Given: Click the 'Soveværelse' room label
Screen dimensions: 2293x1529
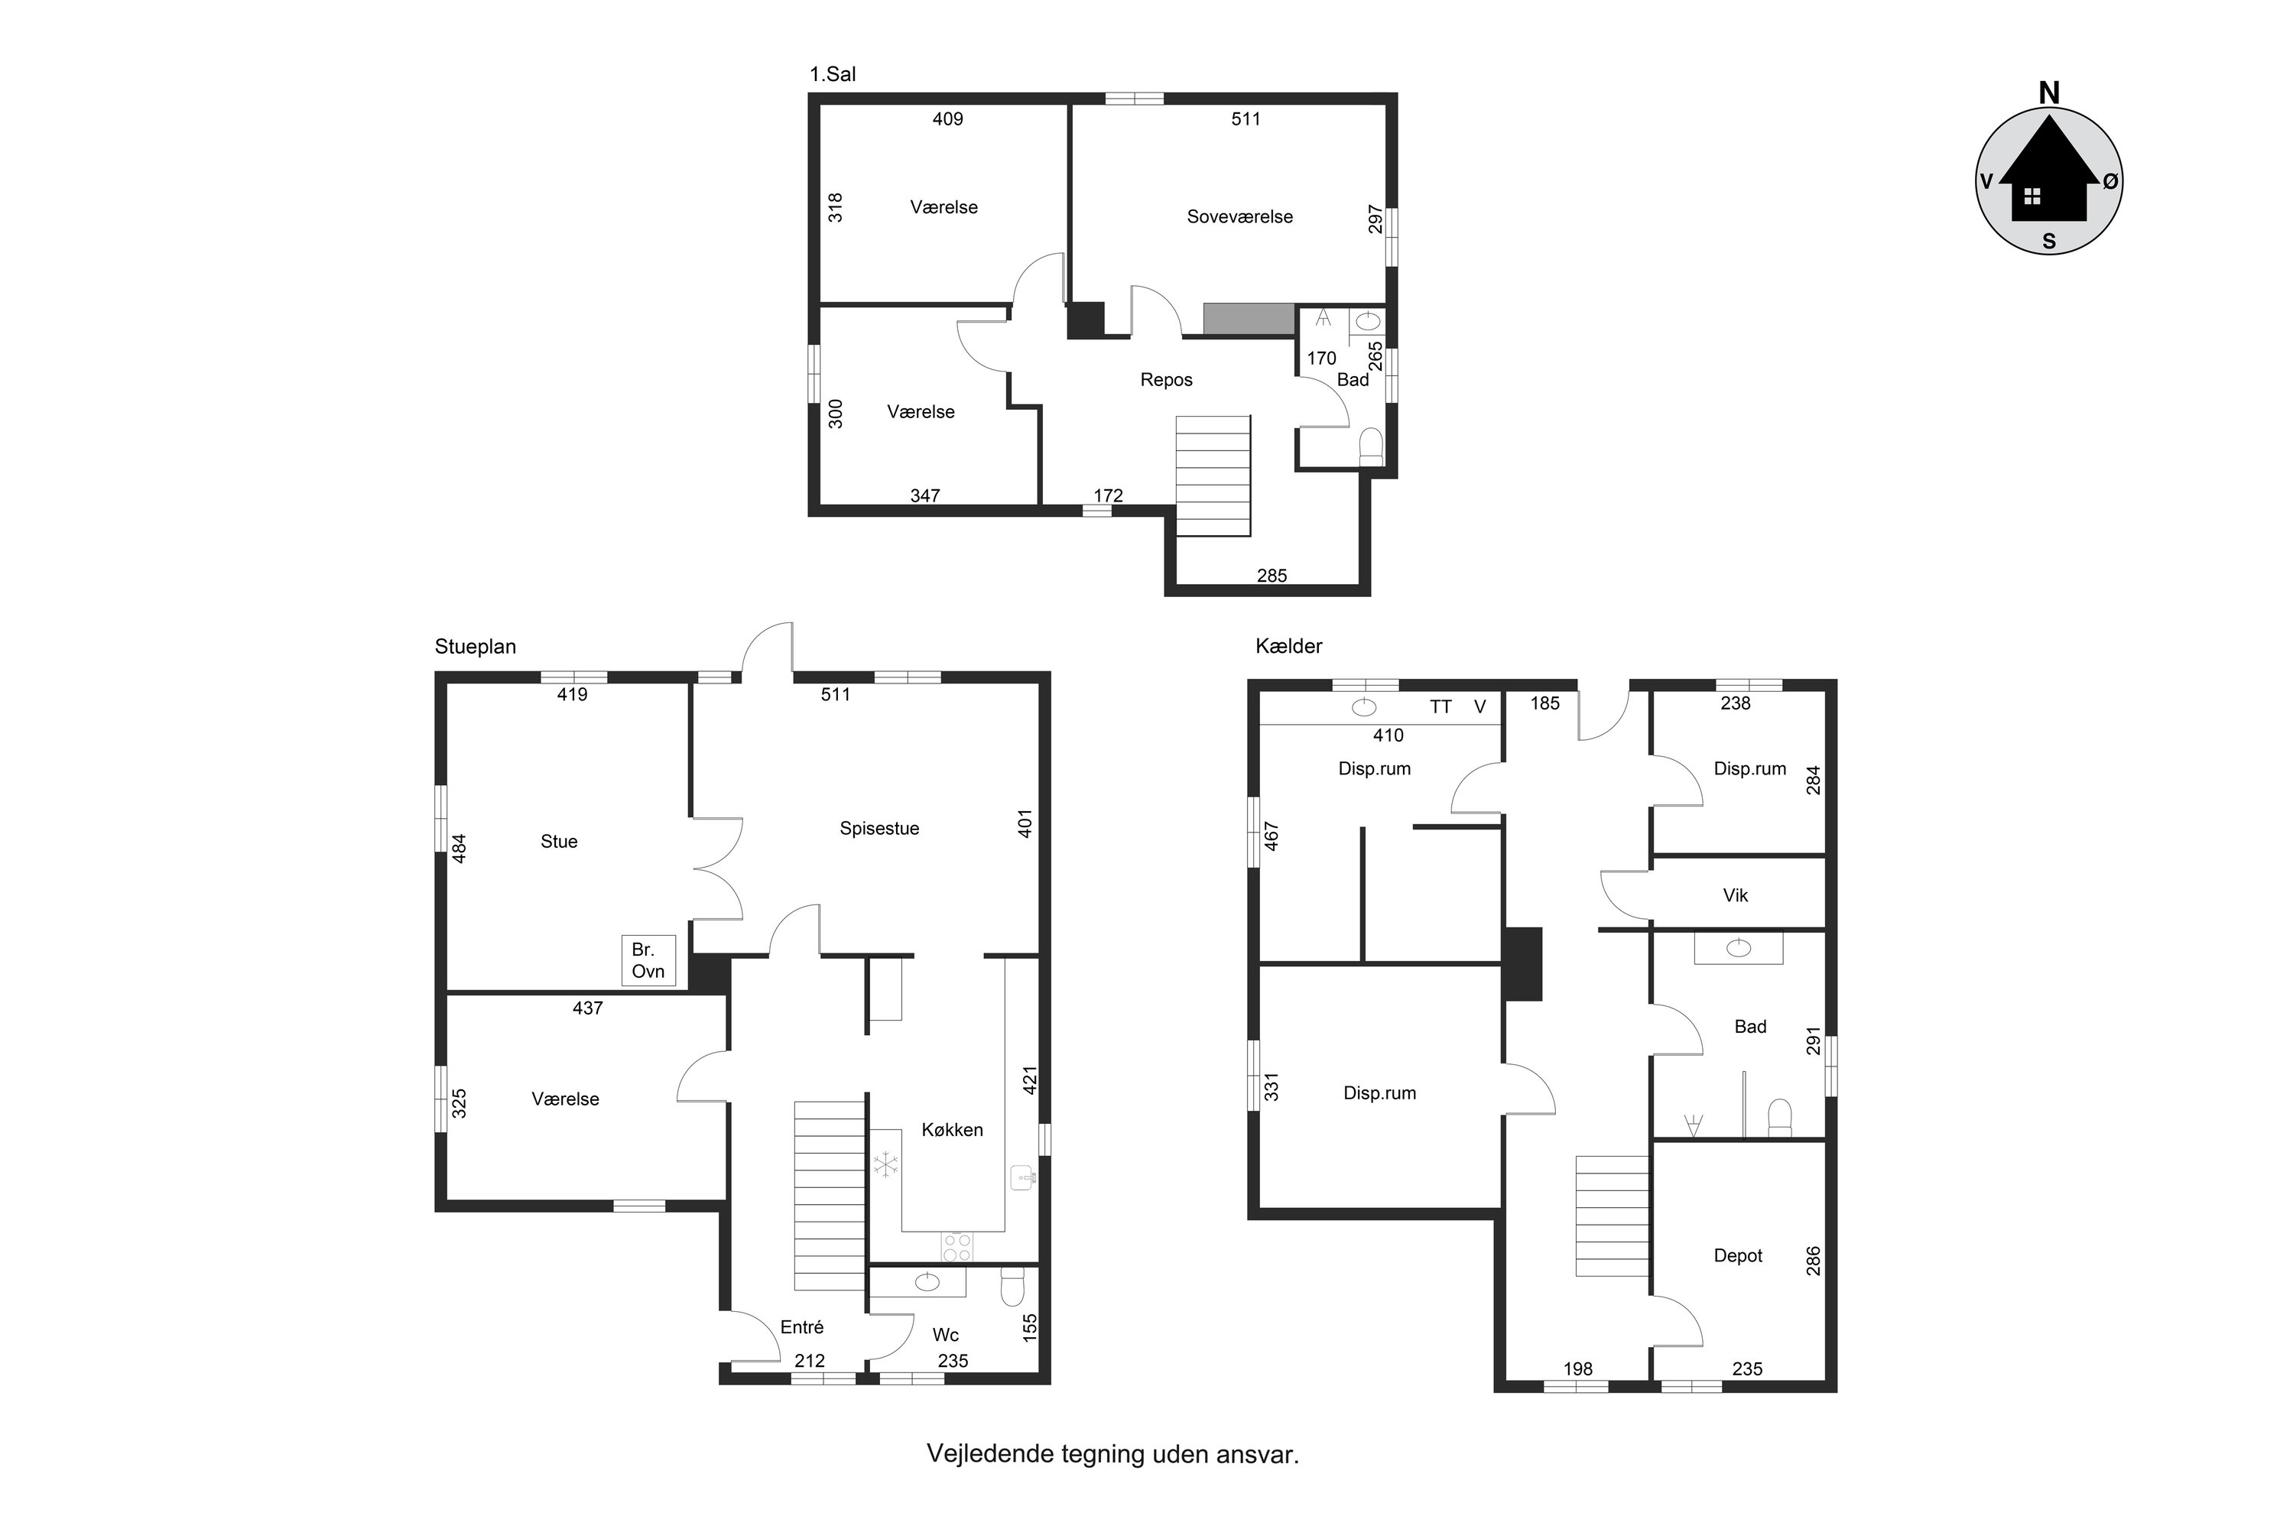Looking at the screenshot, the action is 1239,217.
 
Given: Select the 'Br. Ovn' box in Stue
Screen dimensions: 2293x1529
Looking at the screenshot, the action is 648,960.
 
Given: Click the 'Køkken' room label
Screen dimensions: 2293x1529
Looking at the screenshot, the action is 952,1130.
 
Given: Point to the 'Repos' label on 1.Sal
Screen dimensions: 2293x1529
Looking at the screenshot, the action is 1167,380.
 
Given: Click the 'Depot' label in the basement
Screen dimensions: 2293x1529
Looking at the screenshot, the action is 1738,1256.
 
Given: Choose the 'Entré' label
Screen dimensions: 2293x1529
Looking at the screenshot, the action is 802,1327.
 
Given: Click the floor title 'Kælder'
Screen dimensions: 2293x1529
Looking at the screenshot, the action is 1288,645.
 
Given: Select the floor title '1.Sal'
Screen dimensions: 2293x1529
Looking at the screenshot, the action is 833,74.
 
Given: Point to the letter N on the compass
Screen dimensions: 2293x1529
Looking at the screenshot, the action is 2049,93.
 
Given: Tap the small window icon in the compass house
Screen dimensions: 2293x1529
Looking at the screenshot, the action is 2032,196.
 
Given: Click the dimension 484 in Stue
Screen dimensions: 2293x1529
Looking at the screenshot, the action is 460,847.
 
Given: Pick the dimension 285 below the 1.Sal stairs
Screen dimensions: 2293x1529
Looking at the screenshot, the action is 1272,576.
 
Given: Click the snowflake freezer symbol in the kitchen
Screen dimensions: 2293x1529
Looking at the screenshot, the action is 885,1164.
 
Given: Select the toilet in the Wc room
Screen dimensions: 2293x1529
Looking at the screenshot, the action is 1012,1286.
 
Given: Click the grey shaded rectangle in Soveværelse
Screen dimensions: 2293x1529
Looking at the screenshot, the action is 1249,319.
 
